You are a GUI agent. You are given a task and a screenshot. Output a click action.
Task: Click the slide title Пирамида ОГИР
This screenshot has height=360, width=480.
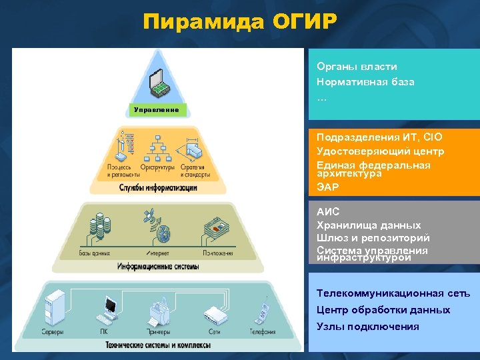tap(240, 23)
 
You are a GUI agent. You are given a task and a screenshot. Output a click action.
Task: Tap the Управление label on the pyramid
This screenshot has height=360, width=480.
tap(157, 109)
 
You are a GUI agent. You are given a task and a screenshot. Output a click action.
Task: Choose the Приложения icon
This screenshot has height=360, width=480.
tap(218, 228)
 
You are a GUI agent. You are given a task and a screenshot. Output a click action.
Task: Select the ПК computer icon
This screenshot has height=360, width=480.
tap(107, 310)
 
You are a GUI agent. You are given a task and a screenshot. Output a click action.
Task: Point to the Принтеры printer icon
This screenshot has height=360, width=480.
tap(158, 311)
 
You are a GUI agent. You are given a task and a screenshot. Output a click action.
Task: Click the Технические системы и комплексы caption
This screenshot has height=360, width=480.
tap(158, 345)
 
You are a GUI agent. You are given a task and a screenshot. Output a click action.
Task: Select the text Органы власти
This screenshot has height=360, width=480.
tap(357, 67)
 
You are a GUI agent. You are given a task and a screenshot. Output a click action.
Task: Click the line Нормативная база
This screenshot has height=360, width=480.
tap(365, 82)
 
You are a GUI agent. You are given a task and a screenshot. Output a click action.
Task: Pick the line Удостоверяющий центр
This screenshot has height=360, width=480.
tap(380, 151)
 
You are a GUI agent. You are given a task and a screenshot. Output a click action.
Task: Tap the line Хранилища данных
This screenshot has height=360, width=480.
tap(369, 225)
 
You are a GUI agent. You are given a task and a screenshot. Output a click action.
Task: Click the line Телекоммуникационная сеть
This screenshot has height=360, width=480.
tap(393, 293)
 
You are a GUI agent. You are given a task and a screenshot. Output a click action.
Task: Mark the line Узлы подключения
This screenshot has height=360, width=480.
tap(368, 327)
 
